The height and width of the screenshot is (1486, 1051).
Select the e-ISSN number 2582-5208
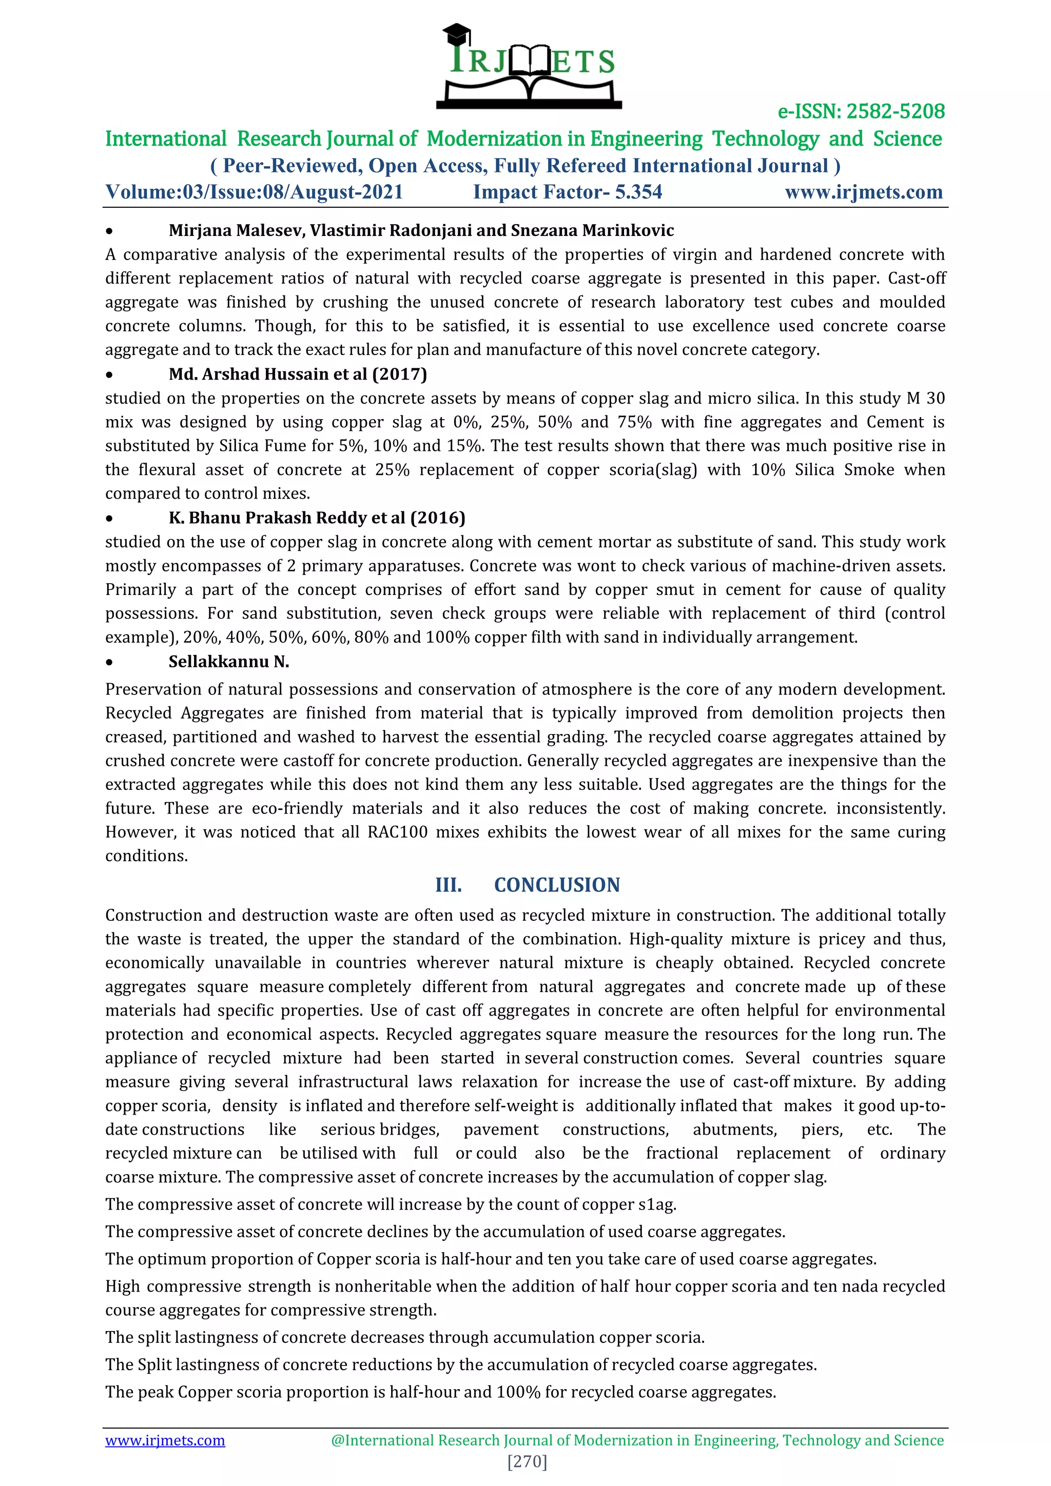click(895, 111)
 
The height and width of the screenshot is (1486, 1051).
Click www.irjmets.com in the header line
click(863, 192)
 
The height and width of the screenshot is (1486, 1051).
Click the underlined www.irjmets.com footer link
click(165, 1440)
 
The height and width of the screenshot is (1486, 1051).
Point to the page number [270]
click(527, 1461)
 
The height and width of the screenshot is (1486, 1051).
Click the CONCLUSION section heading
click(557, 885)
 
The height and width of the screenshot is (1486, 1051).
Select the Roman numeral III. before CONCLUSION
click(448, 885)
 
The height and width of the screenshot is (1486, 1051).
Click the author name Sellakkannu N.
click(228, 662)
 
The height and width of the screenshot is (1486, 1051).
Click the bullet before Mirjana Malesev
click(109, 231)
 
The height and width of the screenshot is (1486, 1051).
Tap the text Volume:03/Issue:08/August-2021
click(254, 192)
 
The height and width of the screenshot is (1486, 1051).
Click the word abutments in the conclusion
click(735, 1130)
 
